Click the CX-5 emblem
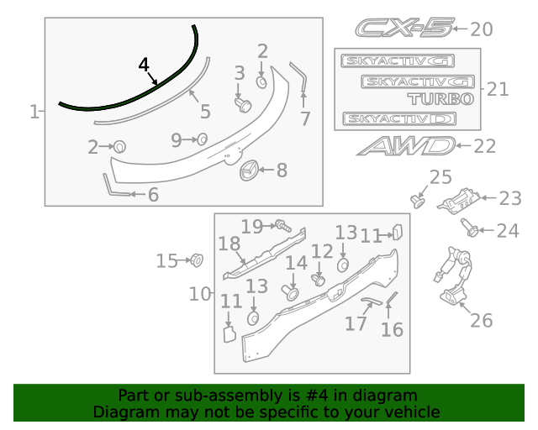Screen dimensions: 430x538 point(403,29)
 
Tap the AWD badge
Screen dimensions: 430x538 point(404,146)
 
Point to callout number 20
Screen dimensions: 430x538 point(481,29)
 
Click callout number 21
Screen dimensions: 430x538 point(498,89)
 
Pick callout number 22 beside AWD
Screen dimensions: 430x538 point(485,146)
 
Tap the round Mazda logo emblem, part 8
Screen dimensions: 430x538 point(250,170)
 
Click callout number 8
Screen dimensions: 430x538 point(282,170)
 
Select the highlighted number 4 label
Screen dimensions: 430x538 point(144,65)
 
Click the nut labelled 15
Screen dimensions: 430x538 point(197,260)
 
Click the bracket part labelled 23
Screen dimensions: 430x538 point(461,202)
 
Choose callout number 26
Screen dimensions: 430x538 point(481,320)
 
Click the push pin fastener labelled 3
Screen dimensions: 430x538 point(244,104)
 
